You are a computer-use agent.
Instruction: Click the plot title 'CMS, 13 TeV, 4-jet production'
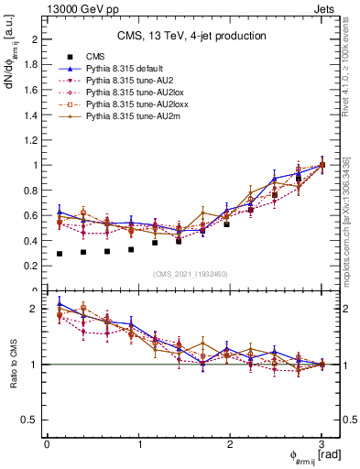pyautogui.click(x=191, y=36)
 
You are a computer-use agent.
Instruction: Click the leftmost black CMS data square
pyautogui.click(x=60, y=254)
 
